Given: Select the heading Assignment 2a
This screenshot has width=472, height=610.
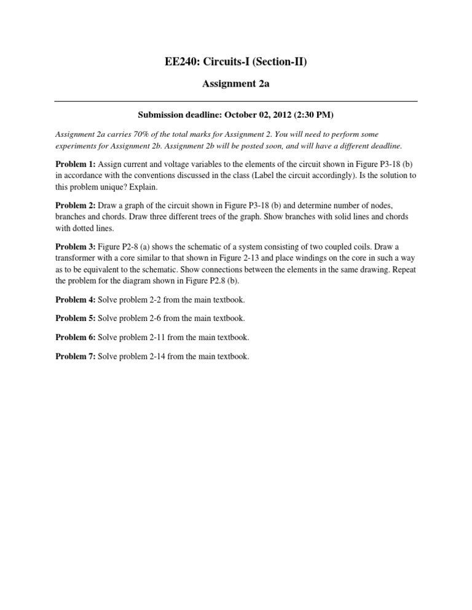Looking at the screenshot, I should (236, 84).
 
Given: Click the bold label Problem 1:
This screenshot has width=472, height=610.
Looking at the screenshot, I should (76, 164).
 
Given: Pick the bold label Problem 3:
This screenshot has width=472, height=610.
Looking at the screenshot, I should (76, 246).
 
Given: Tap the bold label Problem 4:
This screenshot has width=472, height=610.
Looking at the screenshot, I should (76, 298).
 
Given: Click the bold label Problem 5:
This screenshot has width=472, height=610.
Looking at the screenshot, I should (76, 318).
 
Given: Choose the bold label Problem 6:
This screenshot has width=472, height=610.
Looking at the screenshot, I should (76, 337).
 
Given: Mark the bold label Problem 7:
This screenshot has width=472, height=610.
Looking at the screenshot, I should (76, 356).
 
